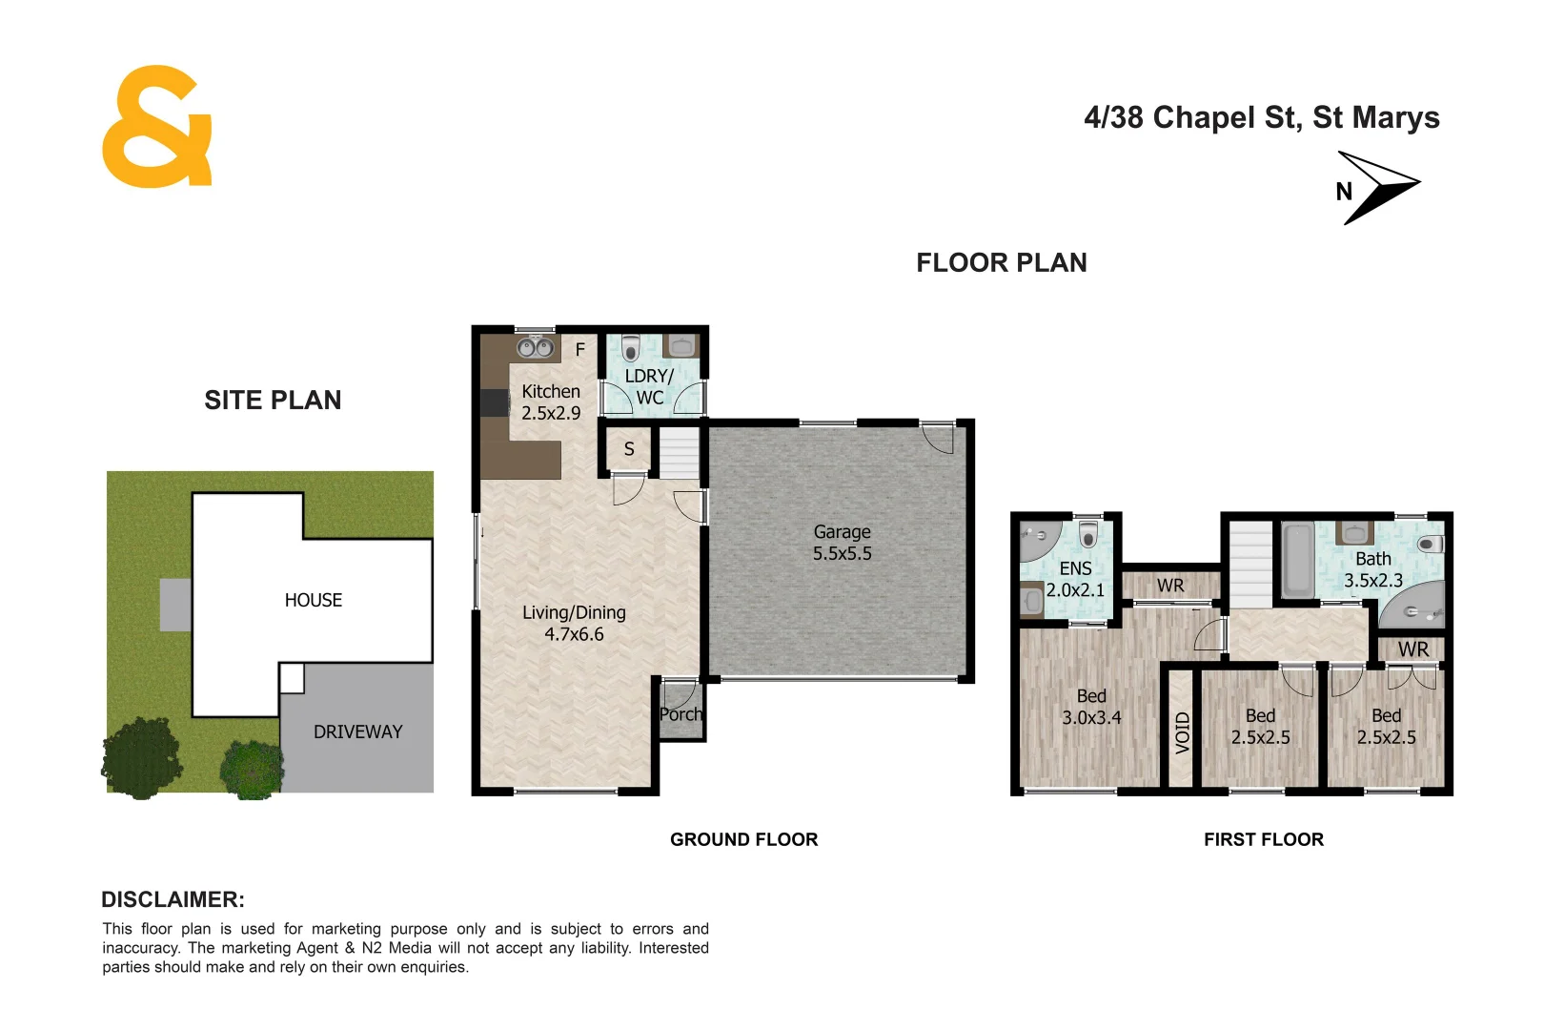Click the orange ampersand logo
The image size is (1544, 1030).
click(156, 127)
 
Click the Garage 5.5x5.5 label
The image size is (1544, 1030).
click(842, 543)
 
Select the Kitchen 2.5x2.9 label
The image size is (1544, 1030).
click(550, 402)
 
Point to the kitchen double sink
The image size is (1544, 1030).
click(536, 347)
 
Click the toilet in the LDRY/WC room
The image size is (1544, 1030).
click(630, 348)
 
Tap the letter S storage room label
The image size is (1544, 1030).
click(629, 449)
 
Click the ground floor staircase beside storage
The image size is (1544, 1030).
click(680, 454)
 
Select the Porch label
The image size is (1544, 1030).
click(681, 714)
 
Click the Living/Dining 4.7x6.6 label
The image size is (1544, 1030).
click(574, 623)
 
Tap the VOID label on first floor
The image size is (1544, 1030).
click(1182, 732)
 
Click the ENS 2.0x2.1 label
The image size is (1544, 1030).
click(1075, 579)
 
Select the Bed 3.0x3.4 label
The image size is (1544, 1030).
click(1091, 707)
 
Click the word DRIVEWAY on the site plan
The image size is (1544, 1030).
click(357, 731)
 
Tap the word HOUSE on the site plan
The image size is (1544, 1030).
click(313, 600)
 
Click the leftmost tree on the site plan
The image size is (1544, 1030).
click(141, 757)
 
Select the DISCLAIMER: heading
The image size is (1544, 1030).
click(173, 899)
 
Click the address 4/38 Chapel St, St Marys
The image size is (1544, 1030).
click(1261, 117)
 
